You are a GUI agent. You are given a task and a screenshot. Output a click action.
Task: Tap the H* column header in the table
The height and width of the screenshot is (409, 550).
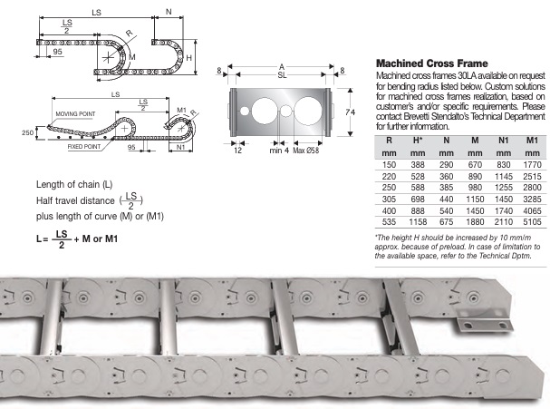pos(417,141)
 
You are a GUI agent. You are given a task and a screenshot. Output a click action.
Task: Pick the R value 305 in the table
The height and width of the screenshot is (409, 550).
pos(388,195)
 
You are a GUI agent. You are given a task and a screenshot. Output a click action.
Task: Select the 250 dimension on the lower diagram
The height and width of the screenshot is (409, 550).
pos(26,131)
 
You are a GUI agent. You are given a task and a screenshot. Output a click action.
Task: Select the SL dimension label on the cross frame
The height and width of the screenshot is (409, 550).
pos(283,79)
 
